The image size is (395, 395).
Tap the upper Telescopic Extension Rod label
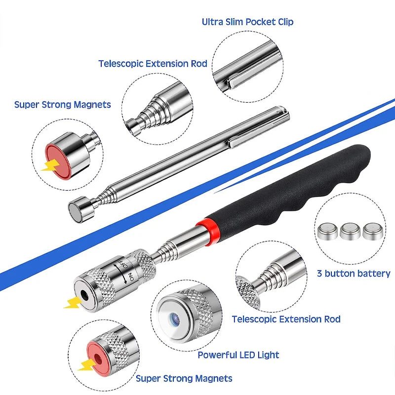tap(153, 64)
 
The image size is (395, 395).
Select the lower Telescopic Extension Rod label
tap(286, 319)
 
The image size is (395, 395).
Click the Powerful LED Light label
tap(238, 355)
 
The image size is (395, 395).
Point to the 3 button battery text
tap(354, 274)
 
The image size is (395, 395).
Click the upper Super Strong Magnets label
tap(62, 105)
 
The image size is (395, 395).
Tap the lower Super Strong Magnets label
tap(184, 379)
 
